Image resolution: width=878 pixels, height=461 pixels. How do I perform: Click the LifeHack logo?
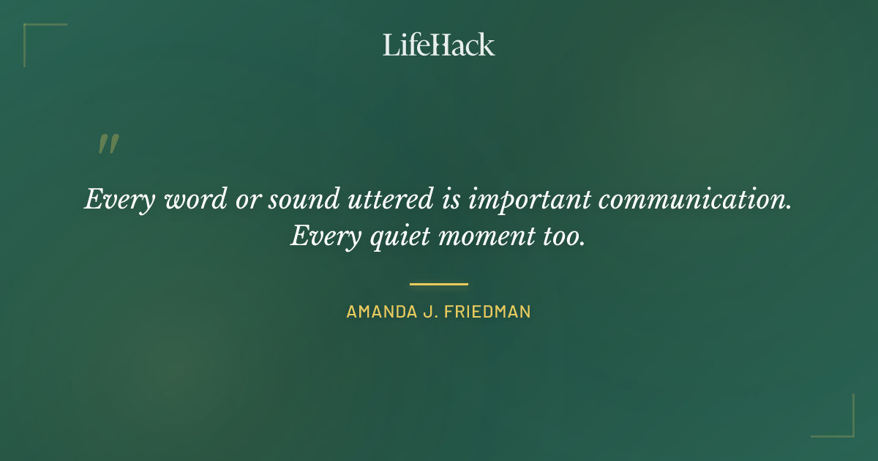point(438,45)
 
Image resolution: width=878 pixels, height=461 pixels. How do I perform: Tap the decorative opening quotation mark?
point(108,144)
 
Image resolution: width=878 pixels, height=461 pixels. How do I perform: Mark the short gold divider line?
point(438,284)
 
